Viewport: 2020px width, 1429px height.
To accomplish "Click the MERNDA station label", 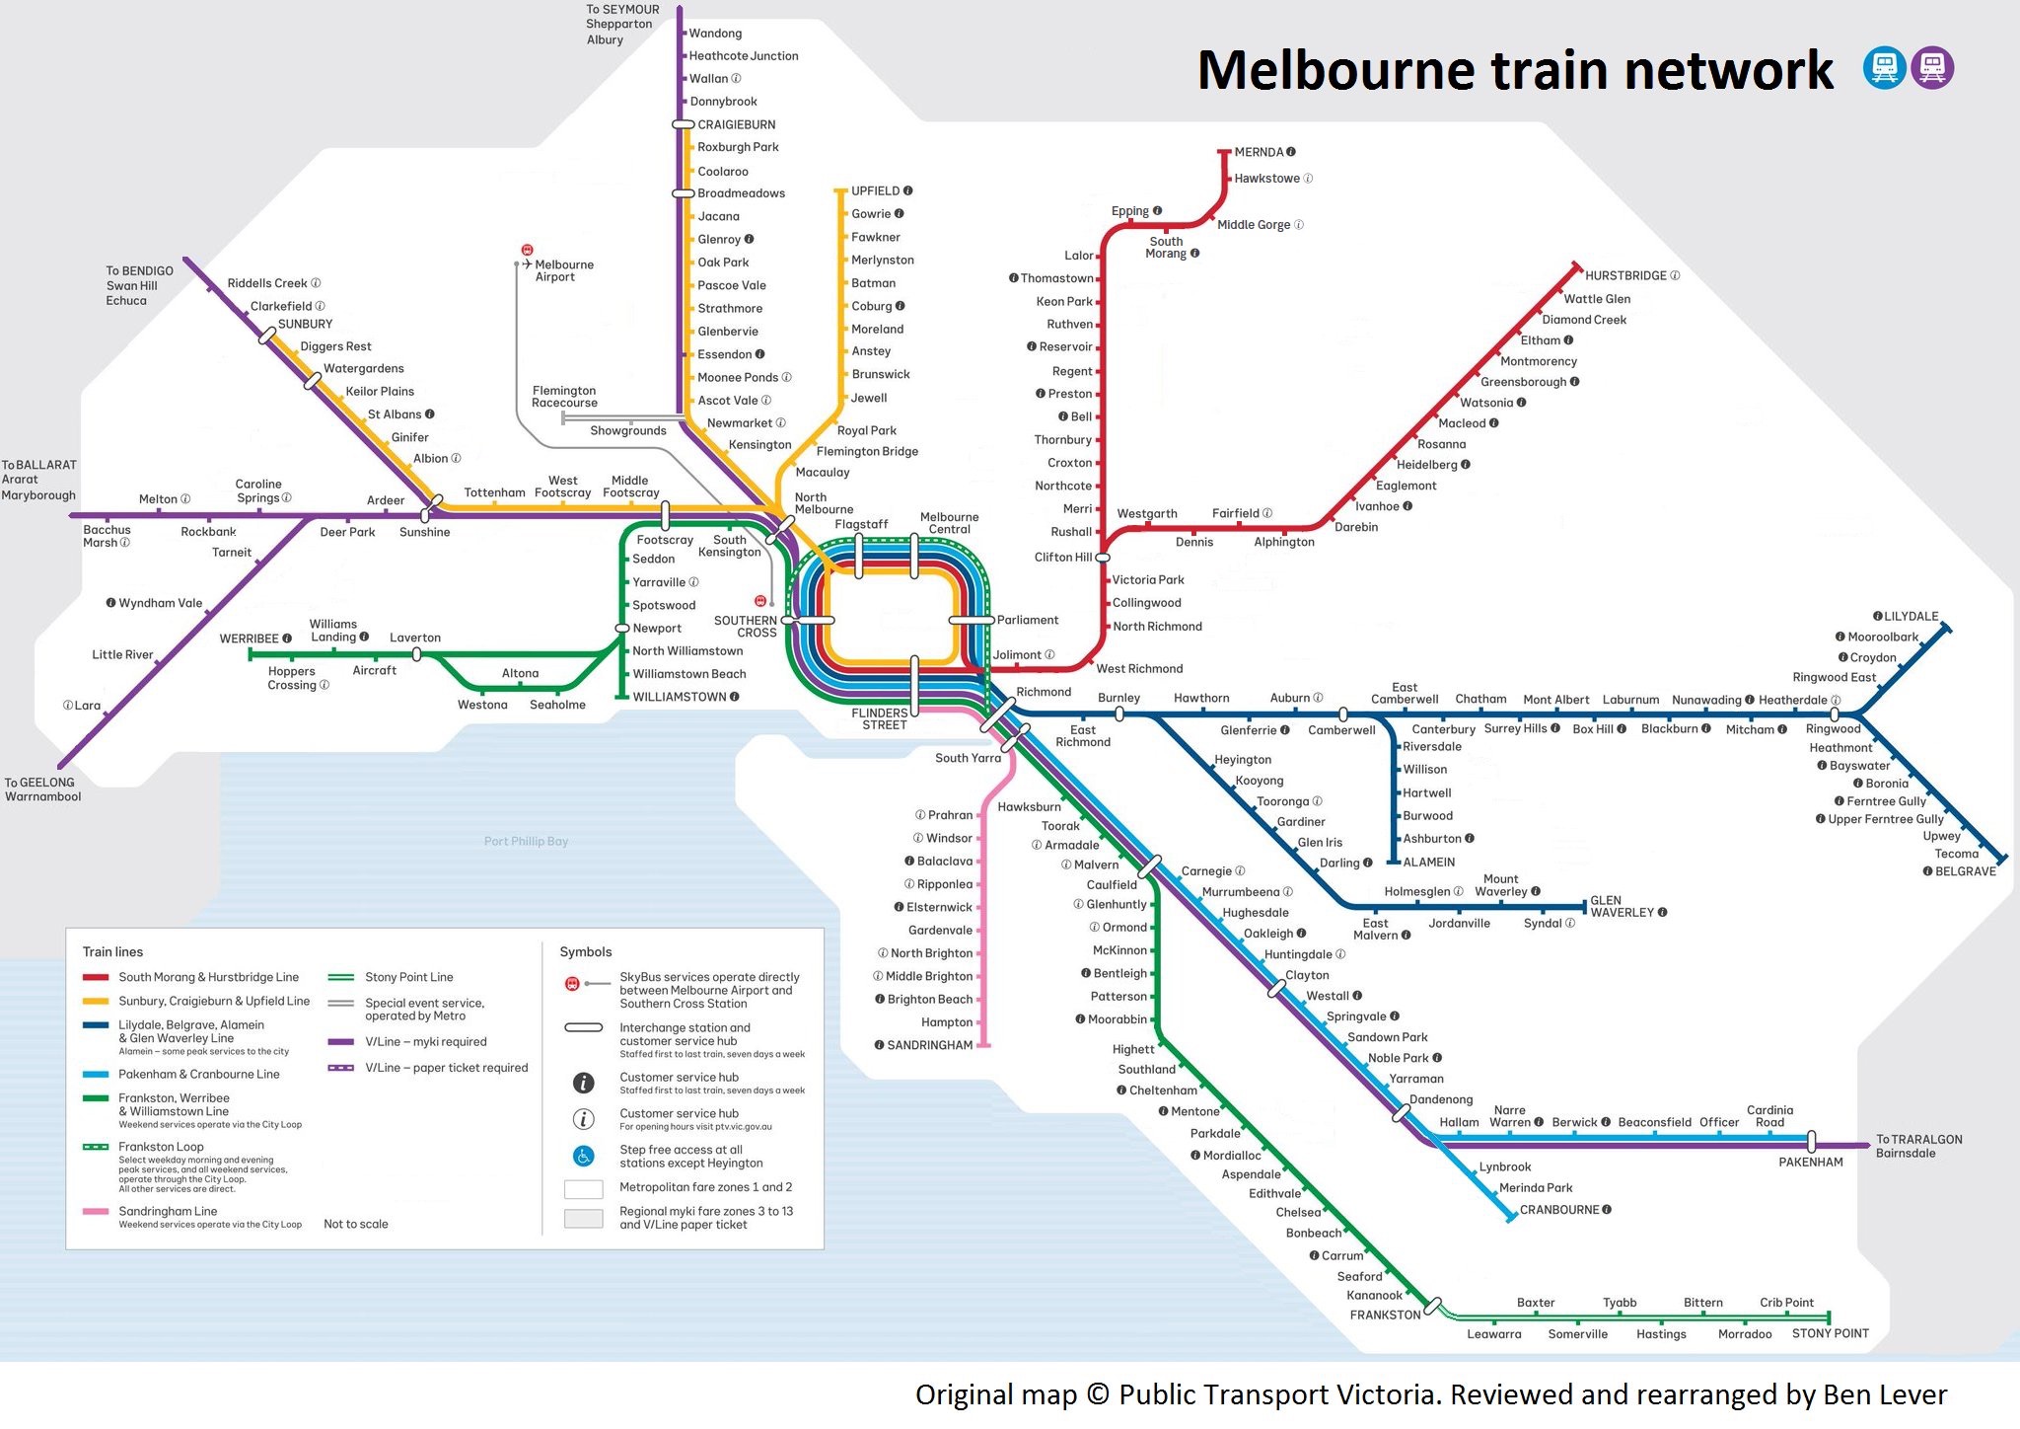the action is click(1259, 152).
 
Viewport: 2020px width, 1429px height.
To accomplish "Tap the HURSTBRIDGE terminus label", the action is click(1625, 275).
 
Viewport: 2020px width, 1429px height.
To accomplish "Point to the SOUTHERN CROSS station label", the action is click(746, 627).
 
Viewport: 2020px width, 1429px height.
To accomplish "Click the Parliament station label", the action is click(1027, 620).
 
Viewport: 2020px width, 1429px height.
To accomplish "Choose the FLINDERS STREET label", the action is click(880, 718).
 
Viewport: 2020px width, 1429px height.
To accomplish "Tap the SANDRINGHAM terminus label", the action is click(929, 1045).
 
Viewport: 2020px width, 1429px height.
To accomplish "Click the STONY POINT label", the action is click(1830, 1333).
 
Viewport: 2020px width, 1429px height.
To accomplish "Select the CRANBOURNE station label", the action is click(1559, 1210).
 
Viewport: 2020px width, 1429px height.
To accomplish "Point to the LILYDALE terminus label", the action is click(1911, 616).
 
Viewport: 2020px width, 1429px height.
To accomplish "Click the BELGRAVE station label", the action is click(1965, 871).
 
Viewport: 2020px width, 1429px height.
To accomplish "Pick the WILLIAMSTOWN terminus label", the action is click(680, 697).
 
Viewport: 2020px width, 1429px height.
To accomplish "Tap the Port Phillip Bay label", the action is click(526, 841).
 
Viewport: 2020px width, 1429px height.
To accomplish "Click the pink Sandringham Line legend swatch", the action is click(96, 1211).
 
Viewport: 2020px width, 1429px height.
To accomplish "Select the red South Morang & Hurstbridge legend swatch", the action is click(96, 977).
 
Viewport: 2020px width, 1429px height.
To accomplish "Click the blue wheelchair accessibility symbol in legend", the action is click(583, 1156).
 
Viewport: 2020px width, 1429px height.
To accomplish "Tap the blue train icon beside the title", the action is click(1884, 68).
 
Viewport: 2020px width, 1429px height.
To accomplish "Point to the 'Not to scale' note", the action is click(356, 1224).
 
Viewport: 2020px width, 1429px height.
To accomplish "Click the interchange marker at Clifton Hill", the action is click(1103, 558).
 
